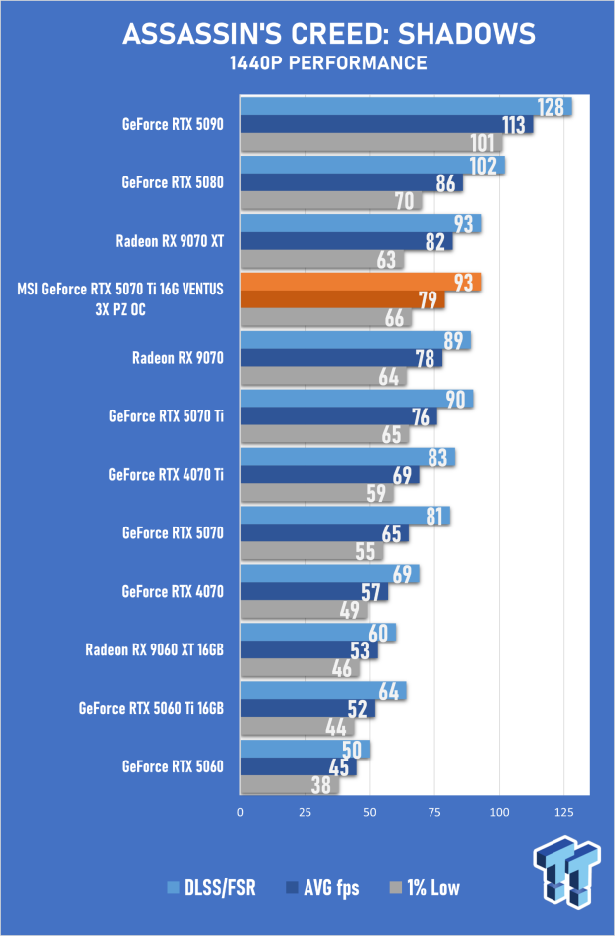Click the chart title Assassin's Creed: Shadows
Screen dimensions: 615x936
(329, 34)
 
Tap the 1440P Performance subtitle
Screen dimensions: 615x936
(328, 63)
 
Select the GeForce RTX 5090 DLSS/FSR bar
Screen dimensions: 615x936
(406, 107)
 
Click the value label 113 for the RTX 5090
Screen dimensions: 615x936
(514, 125)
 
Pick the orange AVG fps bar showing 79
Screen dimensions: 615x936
(343, 299)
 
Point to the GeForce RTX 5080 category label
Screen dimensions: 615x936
(173, 182)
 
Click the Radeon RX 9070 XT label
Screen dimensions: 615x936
(170, 241)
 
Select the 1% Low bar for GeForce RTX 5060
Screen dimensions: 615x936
(290, 785)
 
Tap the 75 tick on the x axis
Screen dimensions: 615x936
(434, 812)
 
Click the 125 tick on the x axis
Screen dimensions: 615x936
(564, 812)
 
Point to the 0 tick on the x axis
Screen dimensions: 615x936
(241, 812)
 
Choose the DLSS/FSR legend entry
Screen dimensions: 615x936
(211, 888)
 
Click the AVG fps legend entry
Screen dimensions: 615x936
(323, 888)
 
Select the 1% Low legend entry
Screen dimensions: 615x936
(425, 888)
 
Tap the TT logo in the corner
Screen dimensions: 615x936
(566, 872)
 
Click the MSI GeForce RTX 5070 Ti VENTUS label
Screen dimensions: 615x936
(121, 299)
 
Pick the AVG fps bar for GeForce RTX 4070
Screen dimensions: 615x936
(314, 592)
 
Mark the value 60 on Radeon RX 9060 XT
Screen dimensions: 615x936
(378, 633)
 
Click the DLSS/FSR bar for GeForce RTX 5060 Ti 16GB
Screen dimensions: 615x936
(323, 691)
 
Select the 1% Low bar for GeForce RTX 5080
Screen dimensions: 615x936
(331, 201)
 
